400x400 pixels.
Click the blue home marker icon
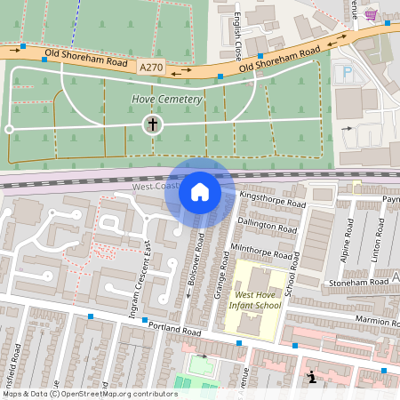click(x=200, y=192)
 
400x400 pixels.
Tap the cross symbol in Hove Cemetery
click(x=153, y=124)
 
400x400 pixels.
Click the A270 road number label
click(x=152, y=66)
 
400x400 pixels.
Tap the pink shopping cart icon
click(x=371, y=14)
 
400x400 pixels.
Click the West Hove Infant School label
click(x=257, y=300)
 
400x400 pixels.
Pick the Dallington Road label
click(x=268, y=226)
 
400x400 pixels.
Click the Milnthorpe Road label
click(x=261, y=250)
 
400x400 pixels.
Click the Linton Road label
click(x=378, y=237)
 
